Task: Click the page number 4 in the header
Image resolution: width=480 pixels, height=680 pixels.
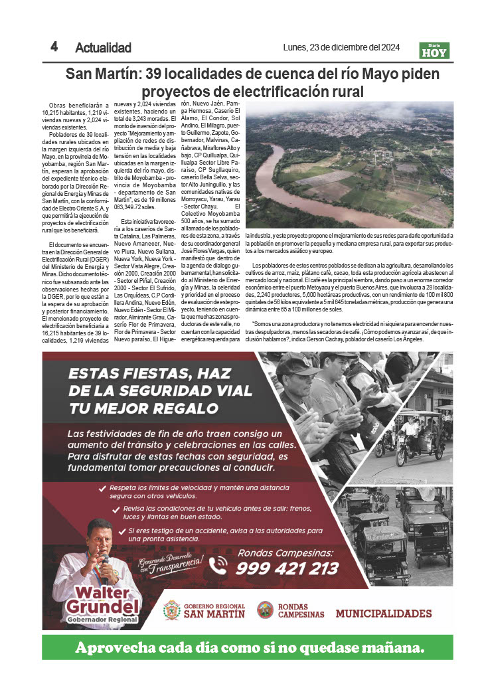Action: [54, 46]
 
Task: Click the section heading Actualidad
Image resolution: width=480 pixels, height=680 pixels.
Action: [103, 48]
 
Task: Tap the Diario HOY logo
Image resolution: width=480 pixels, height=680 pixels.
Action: [435, 50]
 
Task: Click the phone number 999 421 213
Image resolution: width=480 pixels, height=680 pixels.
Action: [287, 568]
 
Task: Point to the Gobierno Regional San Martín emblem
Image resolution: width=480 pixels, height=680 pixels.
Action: [172, 610]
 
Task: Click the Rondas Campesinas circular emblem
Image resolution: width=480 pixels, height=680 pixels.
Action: [266, 610]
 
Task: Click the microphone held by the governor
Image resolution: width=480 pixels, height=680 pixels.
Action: [104, 560]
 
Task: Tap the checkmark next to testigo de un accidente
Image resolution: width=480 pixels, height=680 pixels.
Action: [121, 531]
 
